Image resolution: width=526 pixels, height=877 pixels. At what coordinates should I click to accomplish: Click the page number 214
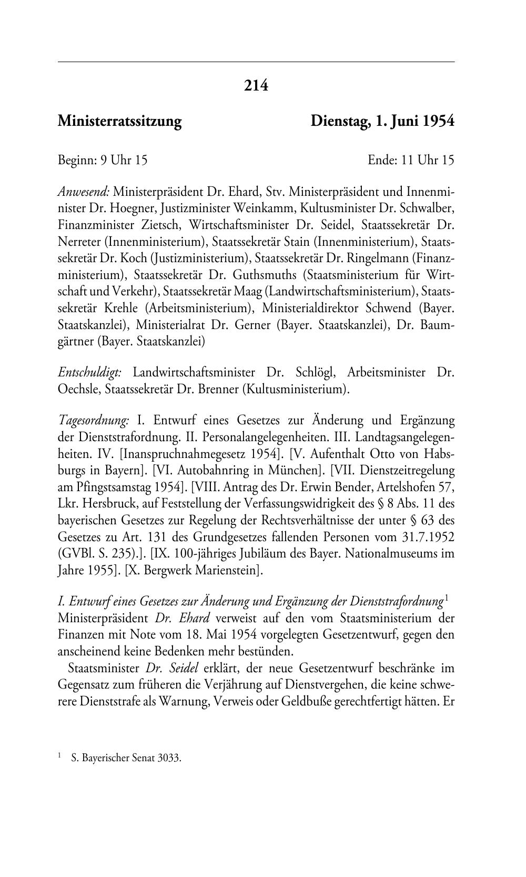256,85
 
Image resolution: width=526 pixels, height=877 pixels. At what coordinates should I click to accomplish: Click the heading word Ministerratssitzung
119,122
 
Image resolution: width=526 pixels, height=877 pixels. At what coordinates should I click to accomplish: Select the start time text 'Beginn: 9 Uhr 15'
103,160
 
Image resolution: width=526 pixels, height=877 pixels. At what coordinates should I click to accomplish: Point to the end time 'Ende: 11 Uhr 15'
411,160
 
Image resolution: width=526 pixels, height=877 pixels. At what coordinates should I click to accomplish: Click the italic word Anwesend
84,191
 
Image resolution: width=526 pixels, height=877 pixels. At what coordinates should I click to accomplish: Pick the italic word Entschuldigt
90,373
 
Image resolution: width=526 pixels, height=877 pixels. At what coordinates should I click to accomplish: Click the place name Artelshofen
392,487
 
